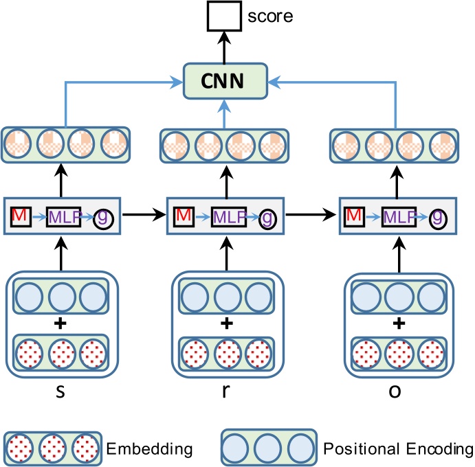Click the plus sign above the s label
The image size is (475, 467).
60,323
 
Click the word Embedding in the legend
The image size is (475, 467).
148,449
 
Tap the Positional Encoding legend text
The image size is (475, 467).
397,449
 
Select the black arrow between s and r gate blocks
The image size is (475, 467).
144,215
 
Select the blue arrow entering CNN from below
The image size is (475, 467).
226,111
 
